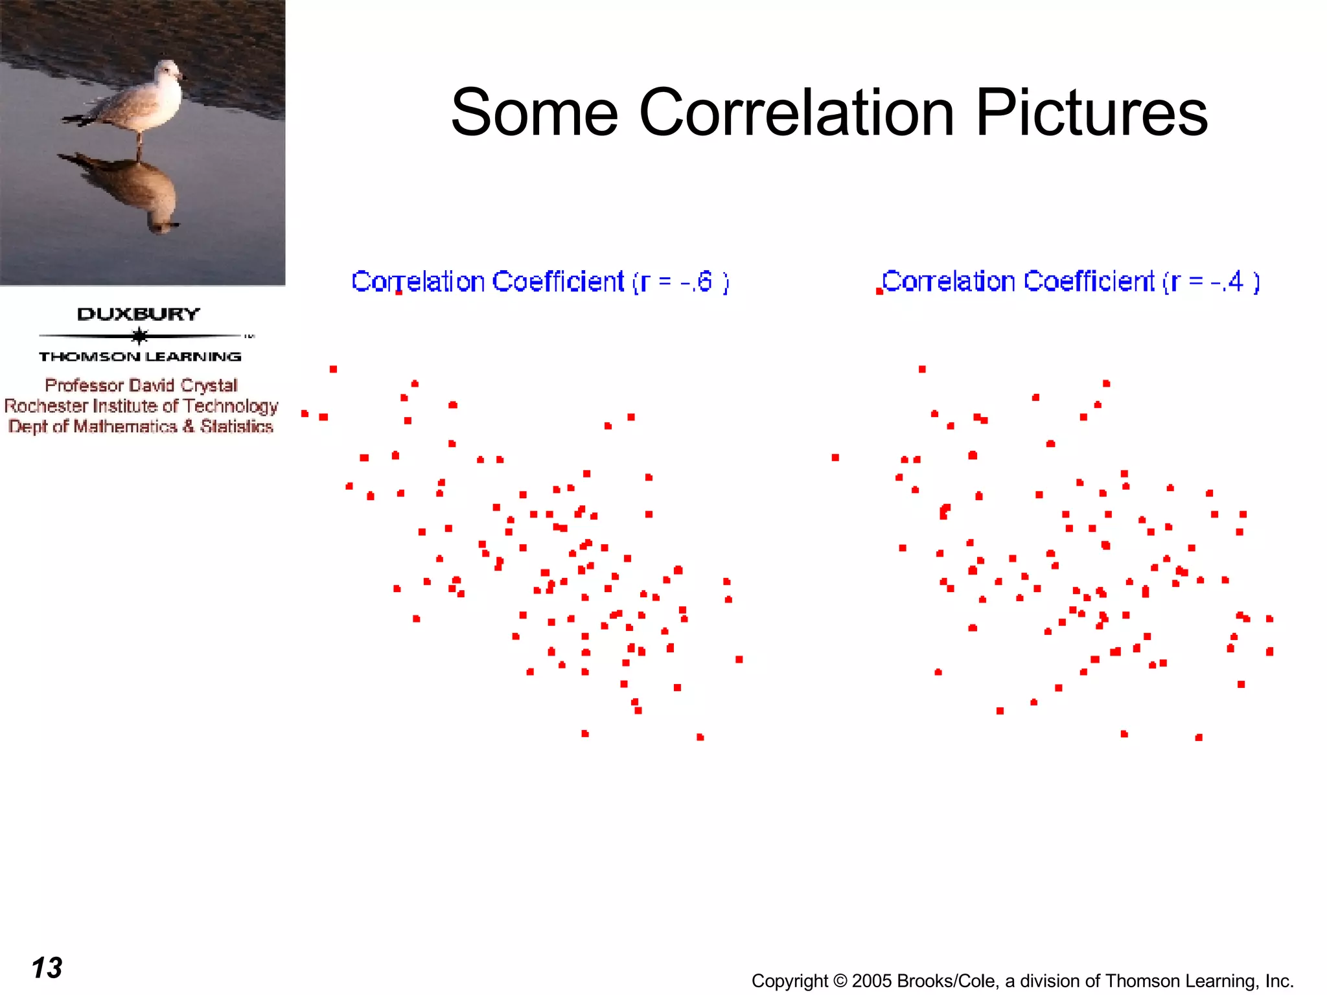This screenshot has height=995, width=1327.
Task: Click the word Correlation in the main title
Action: click(796, 113)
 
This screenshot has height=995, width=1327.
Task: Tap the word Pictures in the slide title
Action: click(1091, 113)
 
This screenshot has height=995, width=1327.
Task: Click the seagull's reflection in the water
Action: click(139, 191)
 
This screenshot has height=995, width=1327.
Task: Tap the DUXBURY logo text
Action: click(138, 315)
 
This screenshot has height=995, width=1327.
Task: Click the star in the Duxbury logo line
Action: click(139, 336)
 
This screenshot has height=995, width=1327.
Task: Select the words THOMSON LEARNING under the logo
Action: click(139, 357)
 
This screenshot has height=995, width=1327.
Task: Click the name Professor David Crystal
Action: click(141, 385)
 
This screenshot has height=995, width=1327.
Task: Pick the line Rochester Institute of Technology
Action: click(141, 406)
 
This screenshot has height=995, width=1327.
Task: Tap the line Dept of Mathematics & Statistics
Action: click(141, 427)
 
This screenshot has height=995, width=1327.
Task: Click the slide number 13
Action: click(47, 968)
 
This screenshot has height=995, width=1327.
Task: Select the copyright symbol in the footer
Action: click(840, 981)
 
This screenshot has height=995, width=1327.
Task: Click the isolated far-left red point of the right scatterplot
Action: click(835, 458)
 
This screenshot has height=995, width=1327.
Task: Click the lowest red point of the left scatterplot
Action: click(700, 737)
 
